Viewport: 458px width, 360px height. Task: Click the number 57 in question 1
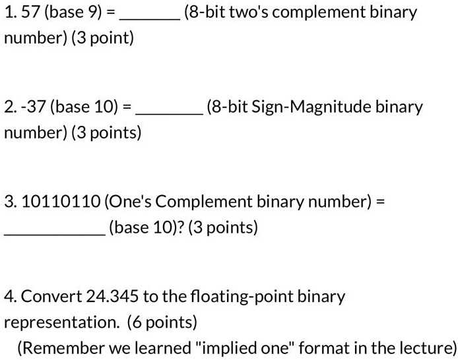[x=30, y=12]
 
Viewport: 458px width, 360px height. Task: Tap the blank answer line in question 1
[x=150, y=20]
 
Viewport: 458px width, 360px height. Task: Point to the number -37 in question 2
[x=33, y=106]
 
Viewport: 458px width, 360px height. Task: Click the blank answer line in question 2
[x=170, y=114]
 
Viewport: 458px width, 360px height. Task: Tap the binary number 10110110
[x=61, y=201]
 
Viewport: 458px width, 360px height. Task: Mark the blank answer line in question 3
[x=55, y=234]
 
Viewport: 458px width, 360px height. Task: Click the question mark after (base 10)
[x=181, y=227]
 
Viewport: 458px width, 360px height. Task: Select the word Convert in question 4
[x=51, y=296]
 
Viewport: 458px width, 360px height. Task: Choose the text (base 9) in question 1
[x=73, y=13]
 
